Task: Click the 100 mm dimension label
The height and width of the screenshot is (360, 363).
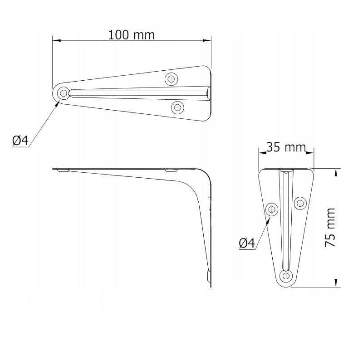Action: click(x=132, y=35)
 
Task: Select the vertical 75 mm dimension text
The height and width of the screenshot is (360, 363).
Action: click(x=330, y=228)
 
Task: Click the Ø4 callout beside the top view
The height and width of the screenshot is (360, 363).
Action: click(x=20, y=141)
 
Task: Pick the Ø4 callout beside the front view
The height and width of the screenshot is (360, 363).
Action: click(x=247, y=243)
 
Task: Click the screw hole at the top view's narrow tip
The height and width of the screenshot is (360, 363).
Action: click(x=63, y=93)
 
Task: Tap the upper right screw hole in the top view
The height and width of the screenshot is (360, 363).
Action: click(x=172, y=79)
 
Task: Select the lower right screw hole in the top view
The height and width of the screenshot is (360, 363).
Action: click(x=177, y=107)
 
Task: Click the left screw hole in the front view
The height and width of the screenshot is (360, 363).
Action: click(x=272, y=209)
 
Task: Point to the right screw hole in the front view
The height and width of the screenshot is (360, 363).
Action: click(x=300, y=203)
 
